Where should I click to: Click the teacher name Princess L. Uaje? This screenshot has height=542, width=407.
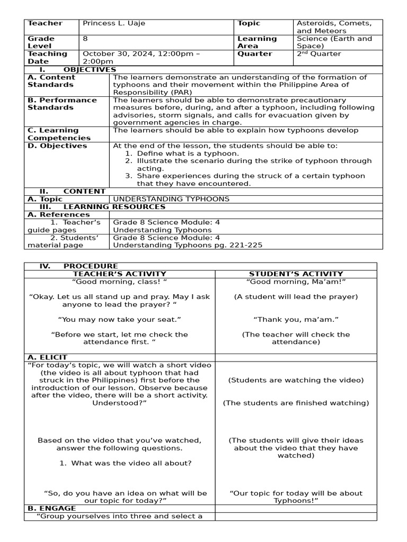click(x=113, y=23)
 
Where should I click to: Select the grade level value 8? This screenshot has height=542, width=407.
click(x=85, y=39)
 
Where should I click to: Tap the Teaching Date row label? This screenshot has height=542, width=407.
click(x=47, y=57)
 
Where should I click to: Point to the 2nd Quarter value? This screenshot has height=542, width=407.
click(x=318, y=53)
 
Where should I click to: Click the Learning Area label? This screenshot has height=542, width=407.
click(x=257, y=42)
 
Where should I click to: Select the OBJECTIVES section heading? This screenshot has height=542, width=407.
click(x=89, y=69)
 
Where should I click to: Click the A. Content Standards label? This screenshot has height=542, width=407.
click(x=51, y=81)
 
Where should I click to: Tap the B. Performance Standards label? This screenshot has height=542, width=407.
click(x=62, y=104)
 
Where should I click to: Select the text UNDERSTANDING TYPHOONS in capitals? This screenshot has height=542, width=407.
click(x=171, y=199)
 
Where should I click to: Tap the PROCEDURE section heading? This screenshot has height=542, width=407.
click(x=90, y=266)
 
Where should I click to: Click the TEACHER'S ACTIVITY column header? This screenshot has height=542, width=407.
click(x=119, y=274)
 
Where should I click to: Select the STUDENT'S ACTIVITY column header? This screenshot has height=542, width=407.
click(x=296, y=274)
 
